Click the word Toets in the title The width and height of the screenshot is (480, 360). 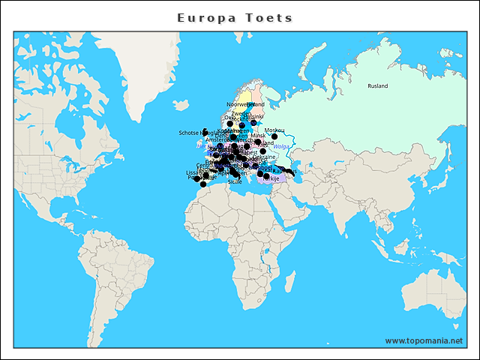coord(269,17)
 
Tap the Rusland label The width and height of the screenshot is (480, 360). coord(378,86)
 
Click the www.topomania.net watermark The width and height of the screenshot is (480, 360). coord(424,340)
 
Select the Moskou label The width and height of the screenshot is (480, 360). coord(274,130)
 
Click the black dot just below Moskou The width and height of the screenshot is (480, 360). coord(274,136)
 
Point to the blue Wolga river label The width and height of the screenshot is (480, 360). coord(280,146)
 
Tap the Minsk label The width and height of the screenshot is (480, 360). coord(258,136)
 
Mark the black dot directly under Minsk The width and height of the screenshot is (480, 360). coord(258,142)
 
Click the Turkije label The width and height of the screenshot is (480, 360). coord(271,179)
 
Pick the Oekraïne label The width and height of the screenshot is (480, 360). coord(264,157)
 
